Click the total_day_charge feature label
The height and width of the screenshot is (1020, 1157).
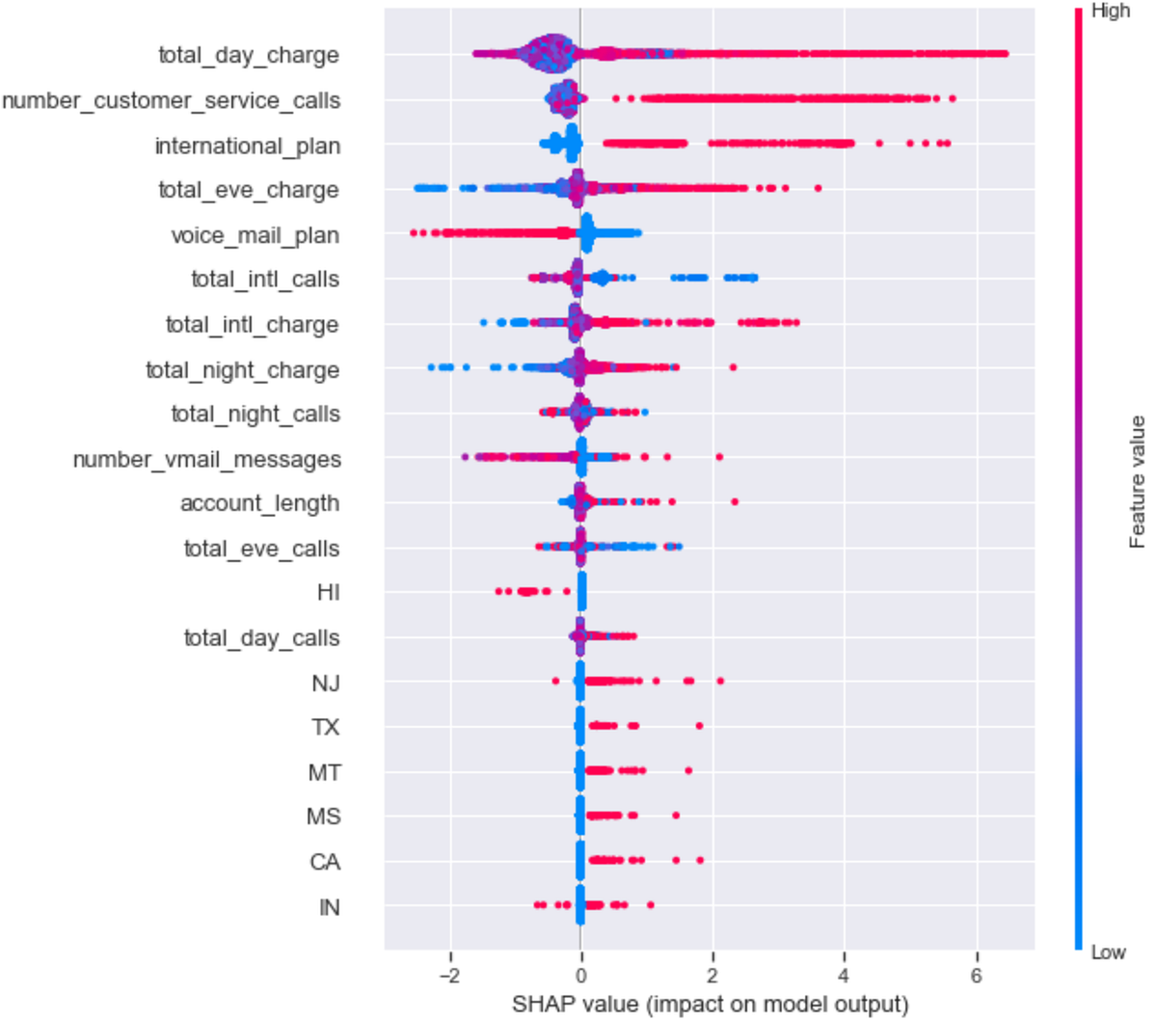pyautogui.click(x=249, y=56)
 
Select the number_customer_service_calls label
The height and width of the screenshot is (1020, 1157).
pyautogui.click(x=171, y=101)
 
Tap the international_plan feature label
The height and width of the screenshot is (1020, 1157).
pyautogui.click(x=247, y=147)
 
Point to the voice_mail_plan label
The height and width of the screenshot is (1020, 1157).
pyautogui.click(x=255, y=236)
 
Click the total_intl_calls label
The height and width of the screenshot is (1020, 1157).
pyautogui.click(x=265, y=280)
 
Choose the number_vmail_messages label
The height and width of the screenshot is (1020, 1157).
pyautogui.click(x=206, y=460)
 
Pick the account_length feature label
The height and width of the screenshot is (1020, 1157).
pyautogui.click(x=259, y=504)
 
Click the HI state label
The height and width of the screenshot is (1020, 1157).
pyautogui.click(x=328, y=593)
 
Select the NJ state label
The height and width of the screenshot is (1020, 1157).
pyautogui.click(x=325, y=684)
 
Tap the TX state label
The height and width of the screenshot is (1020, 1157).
pyautogui.click(x=325, y=728)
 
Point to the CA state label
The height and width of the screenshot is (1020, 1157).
pyautogui.click(x=324, y=862)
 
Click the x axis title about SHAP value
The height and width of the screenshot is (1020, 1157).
pyautogui.click(x=710, y=1004)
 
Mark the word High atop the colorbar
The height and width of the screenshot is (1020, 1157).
pyautogui.click(x=1110, y=12)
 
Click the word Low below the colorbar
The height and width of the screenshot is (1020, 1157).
pyautogui.click(x=1108, y=953)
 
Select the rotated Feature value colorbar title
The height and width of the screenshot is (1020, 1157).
pyautogui.click(x=1138, y=481)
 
